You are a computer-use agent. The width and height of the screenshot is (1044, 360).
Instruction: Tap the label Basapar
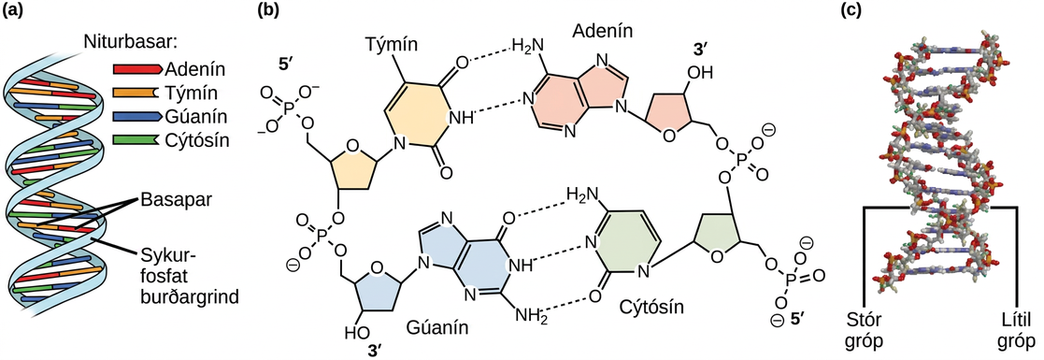point(169,200)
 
